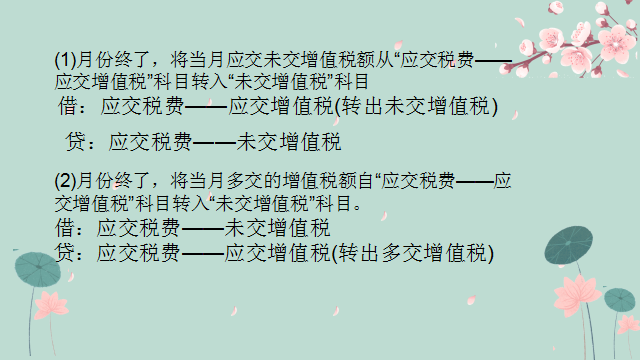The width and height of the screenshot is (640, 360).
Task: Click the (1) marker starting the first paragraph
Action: point(62,59)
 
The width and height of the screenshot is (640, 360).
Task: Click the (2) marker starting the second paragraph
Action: point(63,182)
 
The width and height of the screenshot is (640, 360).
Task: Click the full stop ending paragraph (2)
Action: point(357,206)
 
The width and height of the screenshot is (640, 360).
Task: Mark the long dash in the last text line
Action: point(203,253)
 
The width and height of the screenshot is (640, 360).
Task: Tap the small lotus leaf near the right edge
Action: point(620,298)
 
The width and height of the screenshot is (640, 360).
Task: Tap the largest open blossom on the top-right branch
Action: point(546,45)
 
